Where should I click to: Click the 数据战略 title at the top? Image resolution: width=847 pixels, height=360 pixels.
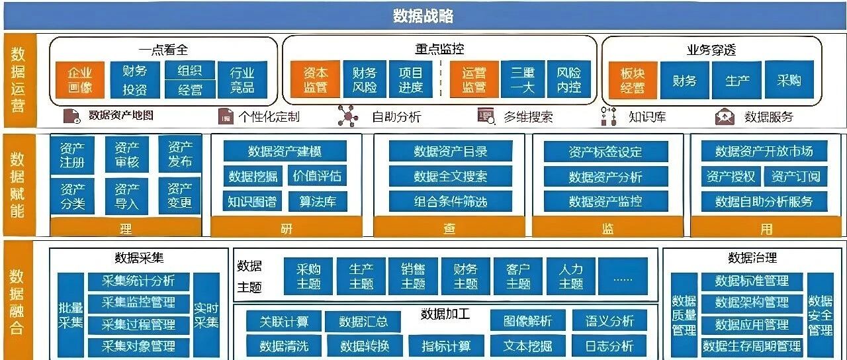(x=423, y=16)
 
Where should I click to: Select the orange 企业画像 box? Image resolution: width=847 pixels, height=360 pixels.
(x=81, y=79)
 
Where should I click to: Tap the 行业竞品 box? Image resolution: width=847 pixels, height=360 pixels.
(x=242, y=79)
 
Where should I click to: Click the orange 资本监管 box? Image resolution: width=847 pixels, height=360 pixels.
(x=316, y=79)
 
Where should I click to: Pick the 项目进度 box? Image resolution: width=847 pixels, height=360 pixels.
(x=410, y=79)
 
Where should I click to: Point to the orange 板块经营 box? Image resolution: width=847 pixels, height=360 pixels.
(x=632, y=79)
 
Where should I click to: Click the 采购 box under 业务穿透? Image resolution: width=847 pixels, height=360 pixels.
(x=789, y=79)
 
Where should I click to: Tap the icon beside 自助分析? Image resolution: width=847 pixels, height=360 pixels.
(x=347, y=116)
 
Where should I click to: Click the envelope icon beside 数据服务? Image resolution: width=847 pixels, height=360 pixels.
(x=725, y=117)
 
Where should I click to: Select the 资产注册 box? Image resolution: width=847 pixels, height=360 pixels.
(x=72, y=155)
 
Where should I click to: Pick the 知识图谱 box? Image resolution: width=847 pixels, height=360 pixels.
(x=251, y=201)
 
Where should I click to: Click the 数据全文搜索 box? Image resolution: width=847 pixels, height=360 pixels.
(x=450, y=176)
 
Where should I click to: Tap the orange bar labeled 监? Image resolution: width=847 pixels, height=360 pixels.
(x=607, y=228)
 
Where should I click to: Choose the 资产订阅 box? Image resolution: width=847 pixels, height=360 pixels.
(x=795, y=176)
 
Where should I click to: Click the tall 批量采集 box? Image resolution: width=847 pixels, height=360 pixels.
(x=70, y=314)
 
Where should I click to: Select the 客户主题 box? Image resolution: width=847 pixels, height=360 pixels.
(x=518, y=276)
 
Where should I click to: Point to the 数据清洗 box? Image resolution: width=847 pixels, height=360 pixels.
(x=283, y=345)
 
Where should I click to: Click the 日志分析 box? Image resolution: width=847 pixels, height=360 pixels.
(x=609, y=345)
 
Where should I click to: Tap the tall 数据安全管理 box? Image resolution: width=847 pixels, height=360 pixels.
(x=820, y=314)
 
